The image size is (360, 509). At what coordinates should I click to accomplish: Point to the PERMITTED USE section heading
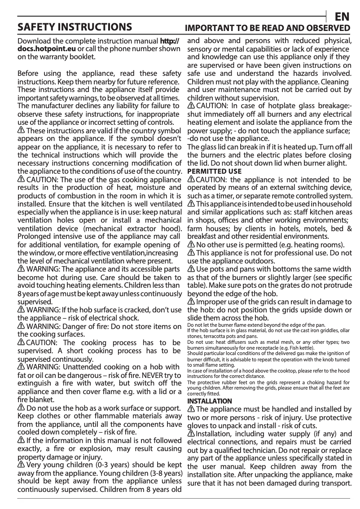coord(214,171)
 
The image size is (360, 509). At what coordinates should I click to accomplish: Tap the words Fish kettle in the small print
coord(296,348)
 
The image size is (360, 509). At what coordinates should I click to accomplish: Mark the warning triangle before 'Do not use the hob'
coord(21,408)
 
